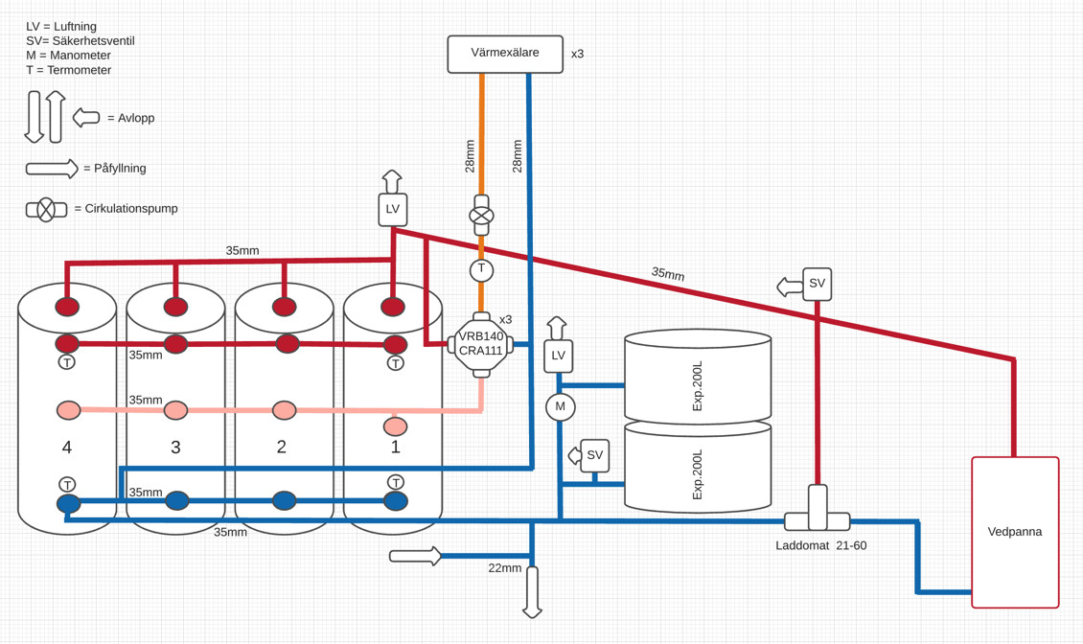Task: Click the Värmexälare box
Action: pos(505,54)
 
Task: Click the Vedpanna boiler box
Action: pos(1015,532)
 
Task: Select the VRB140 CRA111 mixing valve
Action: pos(481,343)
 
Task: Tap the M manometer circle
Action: pos(560,407)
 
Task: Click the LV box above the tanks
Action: pos(393,209)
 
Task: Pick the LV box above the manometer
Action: pos(559,356)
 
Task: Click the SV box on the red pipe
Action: pos(817,284)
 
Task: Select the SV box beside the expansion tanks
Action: pos(595,455)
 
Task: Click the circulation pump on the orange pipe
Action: pos(481,216)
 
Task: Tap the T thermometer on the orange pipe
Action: pos(481,269)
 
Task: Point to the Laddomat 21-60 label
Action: pos(820,546)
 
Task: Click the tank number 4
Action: pos(67,448)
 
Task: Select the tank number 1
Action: pos(395,448)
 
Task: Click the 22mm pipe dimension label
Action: pos(504,568)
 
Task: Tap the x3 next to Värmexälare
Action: pos(577,55)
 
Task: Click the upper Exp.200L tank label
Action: pos(697,386)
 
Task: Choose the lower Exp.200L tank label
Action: pos(697,474)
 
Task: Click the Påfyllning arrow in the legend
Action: pos(52,169)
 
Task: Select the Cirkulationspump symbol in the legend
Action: pos(46,209)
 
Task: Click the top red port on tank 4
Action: pos(67,307)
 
